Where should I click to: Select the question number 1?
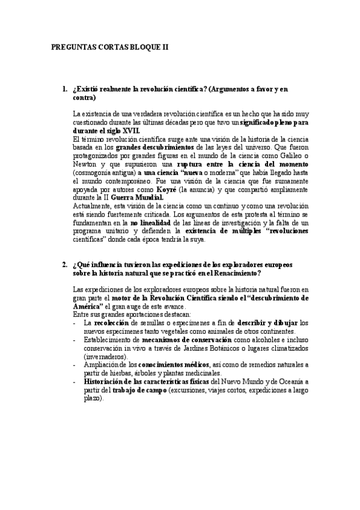(64, 89)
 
